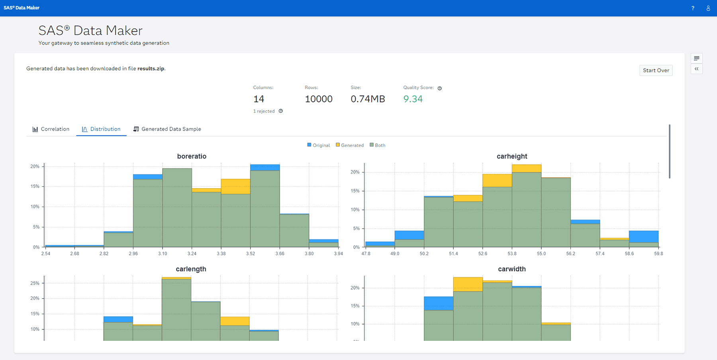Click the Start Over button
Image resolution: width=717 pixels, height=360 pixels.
(x=656, y=70)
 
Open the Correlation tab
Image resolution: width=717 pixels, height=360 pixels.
(x=51, y=129)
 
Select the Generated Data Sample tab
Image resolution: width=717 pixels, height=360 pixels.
(x=167, y=129)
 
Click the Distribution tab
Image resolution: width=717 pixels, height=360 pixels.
(x=101, y=129)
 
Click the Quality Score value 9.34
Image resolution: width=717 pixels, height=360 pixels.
(x=413, y=99)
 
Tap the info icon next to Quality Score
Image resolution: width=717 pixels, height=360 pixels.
(x=440, y=88)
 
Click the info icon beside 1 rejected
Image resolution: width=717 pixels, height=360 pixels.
(x=281, y=111)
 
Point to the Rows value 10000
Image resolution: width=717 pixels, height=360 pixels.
(x=318, y=99)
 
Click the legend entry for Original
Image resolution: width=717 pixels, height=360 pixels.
(x=319, y=145)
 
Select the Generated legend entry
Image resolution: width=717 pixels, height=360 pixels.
(x=350, y=145)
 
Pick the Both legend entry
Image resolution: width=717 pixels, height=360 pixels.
(x=378, y=145)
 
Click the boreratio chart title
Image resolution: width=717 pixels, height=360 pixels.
(x=192, y=156)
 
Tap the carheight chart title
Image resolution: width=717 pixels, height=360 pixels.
(x=512, y=156)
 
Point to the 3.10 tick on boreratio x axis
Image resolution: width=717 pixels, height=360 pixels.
(x=163, y=254)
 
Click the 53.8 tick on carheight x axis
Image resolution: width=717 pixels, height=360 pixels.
(x=512, y=254)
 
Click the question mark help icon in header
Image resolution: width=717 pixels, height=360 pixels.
(x=693, y=8)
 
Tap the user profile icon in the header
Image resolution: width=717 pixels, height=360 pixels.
(x=708, y=8)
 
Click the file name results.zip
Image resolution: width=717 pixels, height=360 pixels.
(x=151, y=68)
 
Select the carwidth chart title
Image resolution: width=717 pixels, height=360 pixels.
(x=512, y=269)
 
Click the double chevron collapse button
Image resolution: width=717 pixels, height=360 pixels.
(x=696, y=69)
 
